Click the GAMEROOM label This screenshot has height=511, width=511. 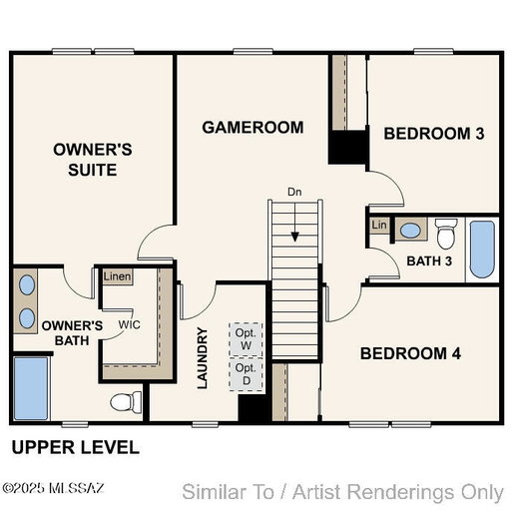coord(253,128)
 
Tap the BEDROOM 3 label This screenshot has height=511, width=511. coord(434,134)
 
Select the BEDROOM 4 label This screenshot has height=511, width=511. coord(410,353)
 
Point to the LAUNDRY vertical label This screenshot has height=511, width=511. coord(203,358)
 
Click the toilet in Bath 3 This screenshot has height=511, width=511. coord(446,234)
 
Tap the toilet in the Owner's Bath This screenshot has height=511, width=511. coord(126,402)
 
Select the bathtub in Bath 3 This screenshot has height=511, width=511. coord(482,250)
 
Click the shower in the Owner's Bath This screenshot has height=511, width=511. coord(31,388)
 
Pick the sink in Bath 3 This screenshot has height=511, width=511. coord(410,231)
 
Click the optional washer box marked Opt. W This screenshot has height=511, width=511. coord(246,339)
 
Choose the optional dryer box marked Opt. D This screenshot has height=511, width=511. coord(247,374)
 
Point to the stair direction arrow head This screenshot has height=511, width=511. coord(295,237)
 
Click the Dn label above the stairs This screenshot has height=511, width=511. coord(294,192)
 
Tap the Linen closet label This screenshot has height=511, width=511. coord(117,276)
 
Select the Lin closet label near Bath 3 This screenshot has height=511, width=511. coord(379,225)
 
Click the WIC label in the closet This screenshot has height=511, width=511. coord(130,324)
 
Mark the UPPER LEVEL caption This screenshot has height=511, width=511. coord(76,447)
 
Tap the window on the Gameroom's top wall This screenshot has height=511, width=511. coord(253,52)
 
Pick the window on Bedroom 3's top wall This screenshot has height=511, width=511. coord(433,52)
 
